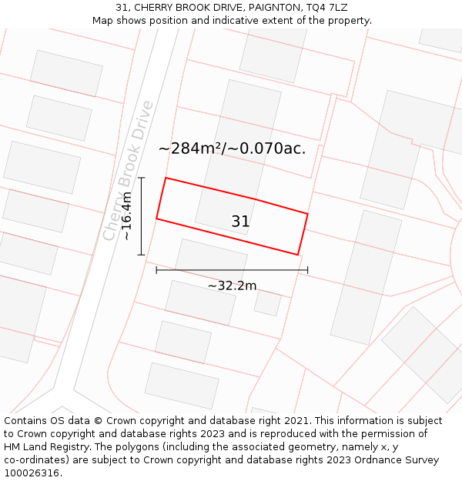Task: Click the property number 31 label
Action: [240, 222]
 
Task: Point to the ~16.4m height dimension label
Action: [127, 216]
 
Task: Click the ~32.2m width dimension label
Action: [232, 286]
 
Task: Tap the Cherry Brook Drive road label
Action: [129, 171]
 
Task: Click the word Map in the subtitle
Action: [103, 20]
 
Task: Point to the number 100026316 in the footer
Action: [32, 473]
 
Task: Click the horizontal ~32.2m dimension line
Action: [232, 270]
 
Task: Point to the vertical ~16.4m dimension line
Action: [142, 216]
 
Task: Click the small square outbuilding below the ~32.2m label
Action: [267, 303]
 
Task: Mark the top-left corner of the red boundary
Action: [166, 179]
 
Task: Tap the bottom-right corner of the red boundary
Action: [297, 254]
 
